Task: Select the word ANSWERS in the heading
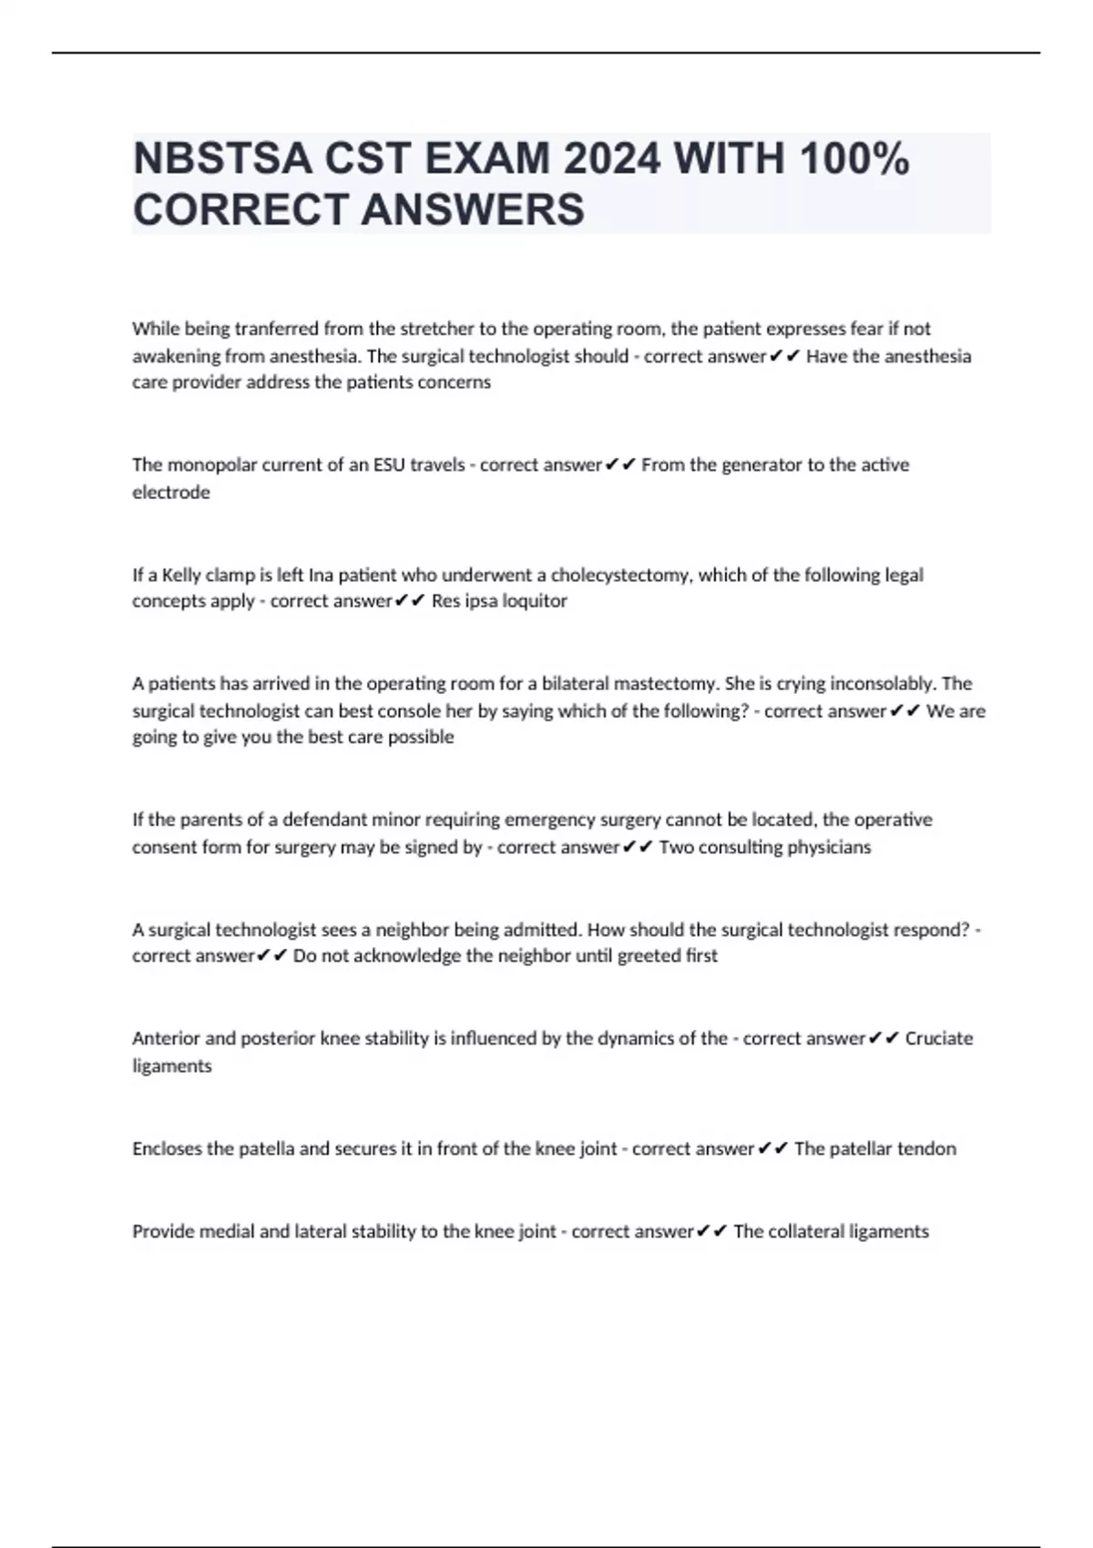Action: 473,209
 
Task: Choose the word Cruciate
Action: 939,1039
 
